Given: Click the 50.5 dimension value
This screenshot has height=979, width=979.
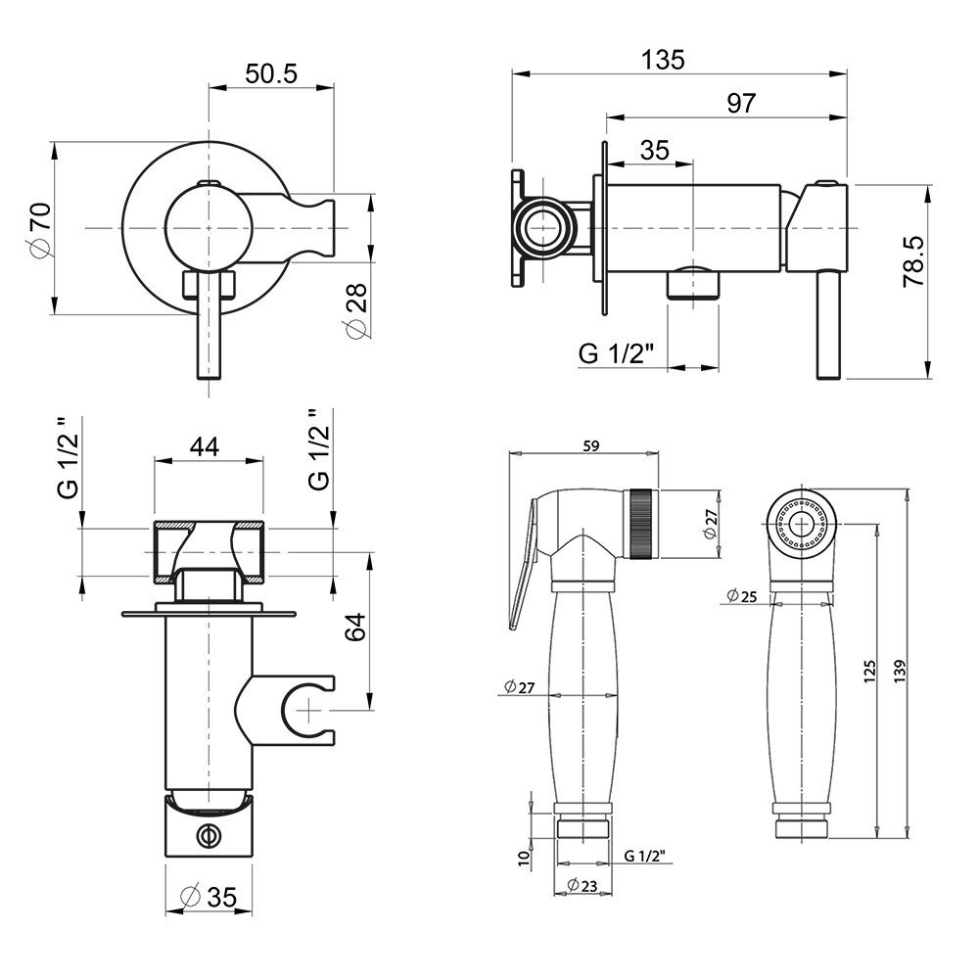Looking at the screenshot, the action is (x=271, y=73).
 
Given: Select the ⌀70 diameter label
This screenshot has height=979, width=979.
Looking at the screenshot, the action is (x=42, y=229).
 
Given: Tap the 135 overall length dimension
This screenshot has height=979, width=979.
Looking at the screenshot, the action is (x=663, y=60).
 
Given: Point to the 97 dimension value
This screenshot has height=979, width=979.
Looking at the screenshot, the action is (x=741, y=103).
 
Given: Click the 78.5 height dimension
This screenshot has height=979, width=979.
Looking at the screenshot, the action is (x=914, y=261).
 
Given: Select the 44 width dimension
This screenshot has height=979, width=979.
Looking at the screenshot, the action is (x=205, y=447).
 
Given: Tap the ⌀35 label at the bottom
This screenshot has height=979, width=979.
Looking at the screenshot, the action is (x=210, y=897).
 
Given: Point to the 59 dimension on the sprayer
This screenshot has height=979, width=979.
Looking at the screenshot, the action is (x=590, y=445).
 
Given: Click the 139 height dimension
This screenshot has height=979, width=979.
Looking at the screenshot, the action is (x=899, y=671).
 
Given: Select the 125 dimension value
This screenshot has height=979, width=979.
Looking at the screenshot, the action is (x=869, y=672).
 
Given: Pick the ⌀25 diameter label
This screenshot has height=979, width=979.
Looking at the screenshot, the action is (x=742, y=596).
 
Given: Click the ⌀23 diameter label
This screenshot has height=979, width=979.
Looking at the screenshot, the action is (x=582, y=884).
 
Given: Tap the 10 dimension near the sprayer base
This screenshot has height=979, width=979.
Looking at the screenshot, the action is (x=525, y=857).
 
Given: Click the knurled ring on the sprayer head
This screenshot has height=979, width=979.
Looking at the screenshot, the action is (x=642, y=523).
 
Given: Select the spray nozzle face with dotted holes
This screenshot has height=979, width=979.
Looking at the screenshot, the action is (x=799, y=522).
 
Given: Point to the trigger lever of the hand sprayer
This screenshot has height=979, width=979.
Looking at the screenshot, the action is (x=523, y=562).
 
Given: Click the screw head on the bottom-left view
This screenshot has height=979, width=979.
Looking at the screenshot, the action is (x=209, y=835).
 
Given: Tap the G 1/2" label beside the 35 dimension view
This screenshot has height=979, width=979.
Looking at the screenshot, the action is (x=616, y=354).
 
